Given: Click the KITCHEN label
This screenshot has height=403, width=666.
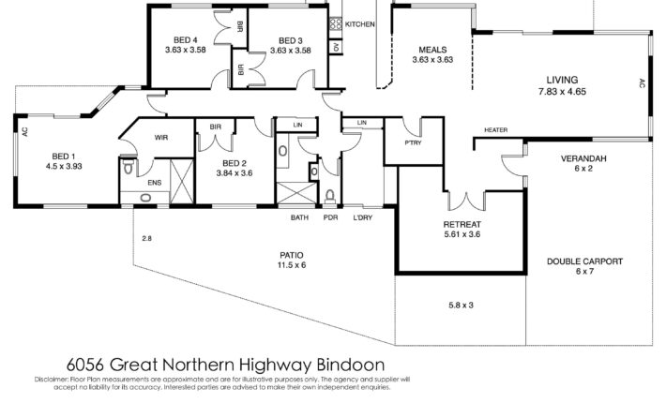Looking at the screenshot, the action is (360, 24).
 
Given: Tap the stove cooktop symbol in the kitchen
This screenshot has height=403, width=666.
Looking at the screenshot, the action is (336, 22).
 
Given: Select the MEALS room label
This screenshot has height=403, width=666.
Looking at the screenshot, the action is (432, 50).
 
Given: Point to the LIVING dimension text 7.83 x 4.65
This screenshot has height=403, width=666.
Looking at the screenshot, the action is (563, 91).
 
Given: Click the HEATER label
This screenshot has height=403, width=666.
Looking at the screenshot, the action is (495, 130).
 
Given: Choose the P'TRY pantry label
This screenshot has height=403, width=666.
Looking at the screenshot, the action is (413, 143).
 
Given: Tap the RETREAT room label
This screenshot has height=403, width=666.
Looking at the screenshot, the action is (462, 224).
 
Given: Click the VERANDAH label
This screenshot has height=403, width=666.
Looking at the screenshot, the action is (583, 158).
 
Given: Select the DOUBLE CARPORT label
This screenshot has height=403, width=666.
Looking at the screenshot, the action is (585, 261).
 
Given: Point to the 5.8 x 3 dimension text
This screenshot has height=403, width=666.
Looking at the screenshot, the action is (461, 305).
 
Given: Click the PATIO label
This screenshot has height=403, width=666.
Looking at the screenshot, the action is (292, 255).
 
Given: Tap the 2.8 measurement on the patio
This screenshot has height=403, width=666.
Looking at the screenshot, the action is (146, 238).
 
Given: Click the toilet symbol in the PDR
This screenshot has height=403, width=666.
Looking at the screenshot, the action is (329, 197).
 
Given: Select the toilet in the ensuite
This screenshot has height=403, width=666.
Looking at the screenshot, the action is (128, 166).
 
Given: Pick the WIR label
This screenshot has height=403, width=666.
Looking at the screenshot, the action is (161, 138).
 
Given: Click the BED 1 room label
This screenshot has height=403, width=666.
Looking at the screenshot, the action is (64, 157).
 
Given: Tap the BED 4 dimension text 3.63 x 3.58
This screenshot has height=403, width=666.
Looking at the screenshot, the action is (185, 50).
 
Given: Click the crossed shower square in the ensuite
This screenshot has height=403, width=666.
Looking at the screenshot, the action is (181, 181).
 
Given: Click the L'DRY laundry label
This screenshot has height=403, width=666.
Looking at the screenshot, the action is (363, 217).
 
